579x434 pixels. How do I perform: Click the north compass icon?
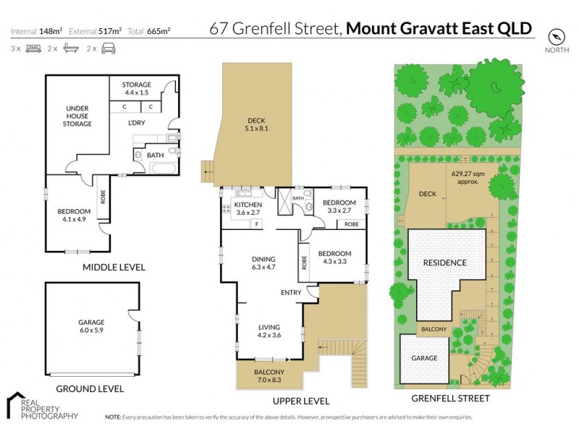(x=555, y=35)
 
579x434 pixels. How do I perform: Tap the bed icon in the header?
(x=33, y=48)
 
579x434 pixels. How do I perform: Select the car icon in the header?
(x=108, y=48)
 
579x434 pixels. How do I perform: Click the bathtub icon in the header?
(x=70, y=48)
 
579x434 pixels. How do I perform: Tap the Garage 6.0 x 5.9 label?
(x=91, y=326)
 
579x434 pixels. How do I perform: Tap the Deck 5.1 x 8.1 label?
(x=258, y=124)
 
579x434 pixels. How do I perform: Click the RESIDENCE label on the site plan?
(x=444, y=262)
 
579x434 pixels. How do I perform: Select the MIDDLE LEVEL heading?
(x=113, y=267)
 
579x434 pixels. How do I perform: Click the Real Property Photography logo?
(x=42, y=407)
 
